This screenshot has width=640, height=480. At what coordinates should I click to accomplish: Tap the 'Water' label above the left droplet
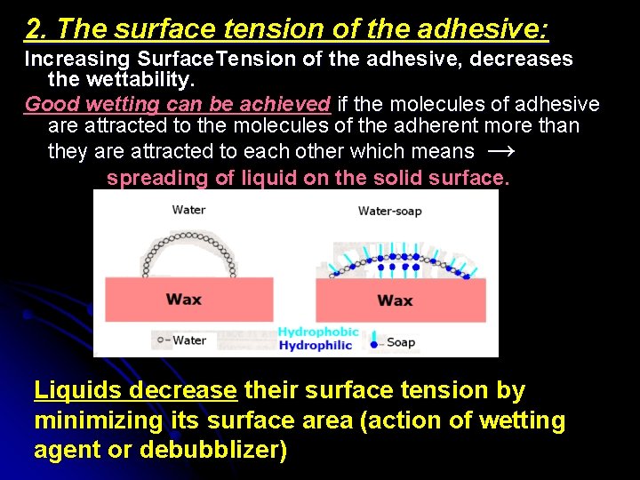[188, 210]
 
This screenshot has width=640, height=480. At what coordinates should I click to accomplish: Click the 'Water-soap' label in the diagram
[389, 211]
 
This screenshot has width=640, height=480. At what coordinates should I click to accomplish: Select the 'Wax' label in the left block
[183, 299]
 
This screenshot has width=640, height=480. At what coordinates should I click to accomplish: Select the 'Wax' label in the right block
[395, 300]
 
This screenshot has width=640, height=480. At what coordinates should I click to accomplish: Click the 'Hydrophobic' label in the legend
[318, 332]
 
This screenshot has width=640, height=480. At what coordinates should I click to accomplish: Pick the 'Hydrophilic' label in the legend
[316, 346]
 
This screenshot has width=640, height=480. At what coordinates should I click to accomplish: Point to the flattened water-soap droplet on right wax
[400, 265]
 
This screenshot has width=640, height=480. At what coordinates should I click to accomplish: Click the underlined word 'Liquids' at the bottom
[77, 390]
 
